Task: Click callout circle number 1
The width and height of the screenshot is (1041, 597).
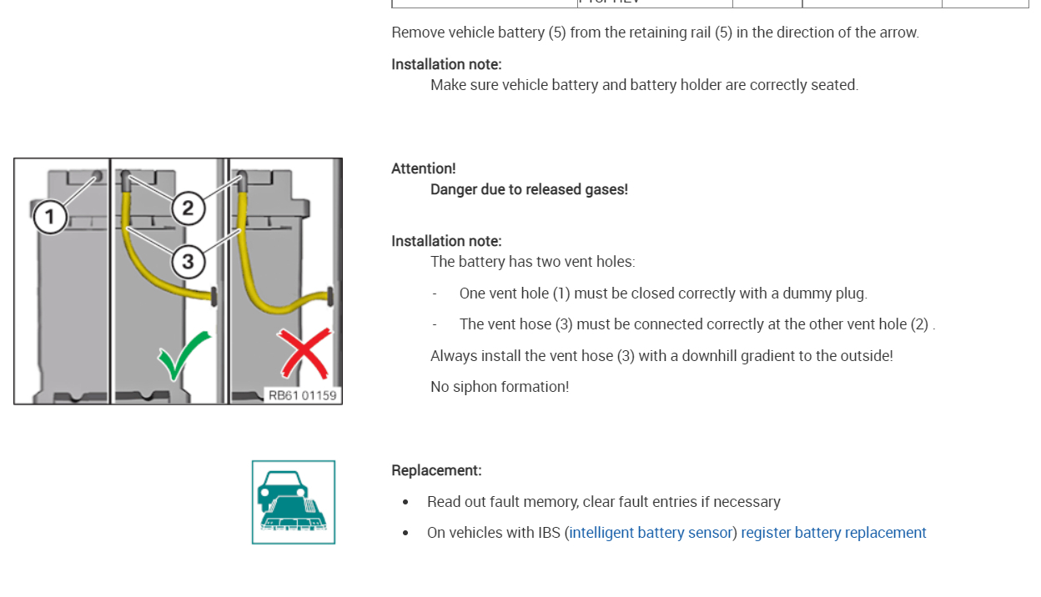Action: (x=50, y=218)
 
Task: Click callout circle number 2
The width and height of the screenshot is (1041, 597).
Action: (x=188, y=208)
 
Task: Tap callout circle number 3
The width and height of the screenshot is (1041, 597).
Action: (x=188, y=261)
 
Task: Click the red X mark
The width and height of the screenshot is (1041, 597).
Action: (x=305, y=353)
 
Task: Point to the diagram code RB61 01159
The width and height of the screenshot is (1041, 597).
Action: (x=302, y=395)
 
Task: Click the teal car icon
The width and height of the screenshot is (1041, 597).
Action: (x=294, y=502)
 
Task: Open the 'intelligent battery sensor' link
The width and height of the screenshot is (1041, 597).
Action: (x=651, y=533)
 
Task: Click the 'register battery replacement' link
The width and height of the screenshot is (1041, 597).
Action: (x=833, y=533)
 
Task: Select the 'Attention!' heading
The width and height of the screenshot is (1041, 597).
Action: (x=424, y=168)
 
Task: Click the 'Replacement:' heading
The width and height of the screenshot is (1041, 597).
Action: (x=436, y=470)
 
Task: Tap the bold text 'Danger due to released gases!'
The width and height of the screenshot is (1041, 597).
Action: (x=529, y=189)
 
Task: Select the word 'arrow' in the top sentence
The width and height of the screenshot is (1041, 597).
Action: (x=898, y=33)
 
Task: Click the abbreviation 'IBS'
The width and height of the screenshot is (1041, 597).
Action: (x=549, y=533)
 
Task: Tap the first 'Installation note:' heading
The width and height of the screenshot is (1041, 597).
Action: (x=446, y=64)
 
